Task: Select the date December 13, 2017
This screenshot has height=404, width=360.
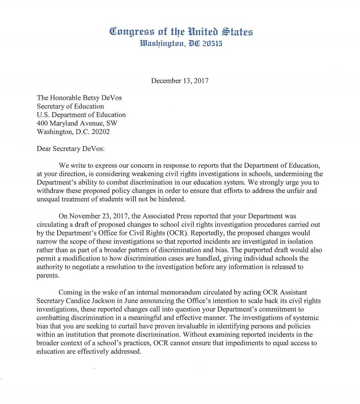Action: coord(180,81)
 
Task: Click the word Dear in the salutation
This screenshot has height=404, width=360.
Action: coord(44,148)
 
